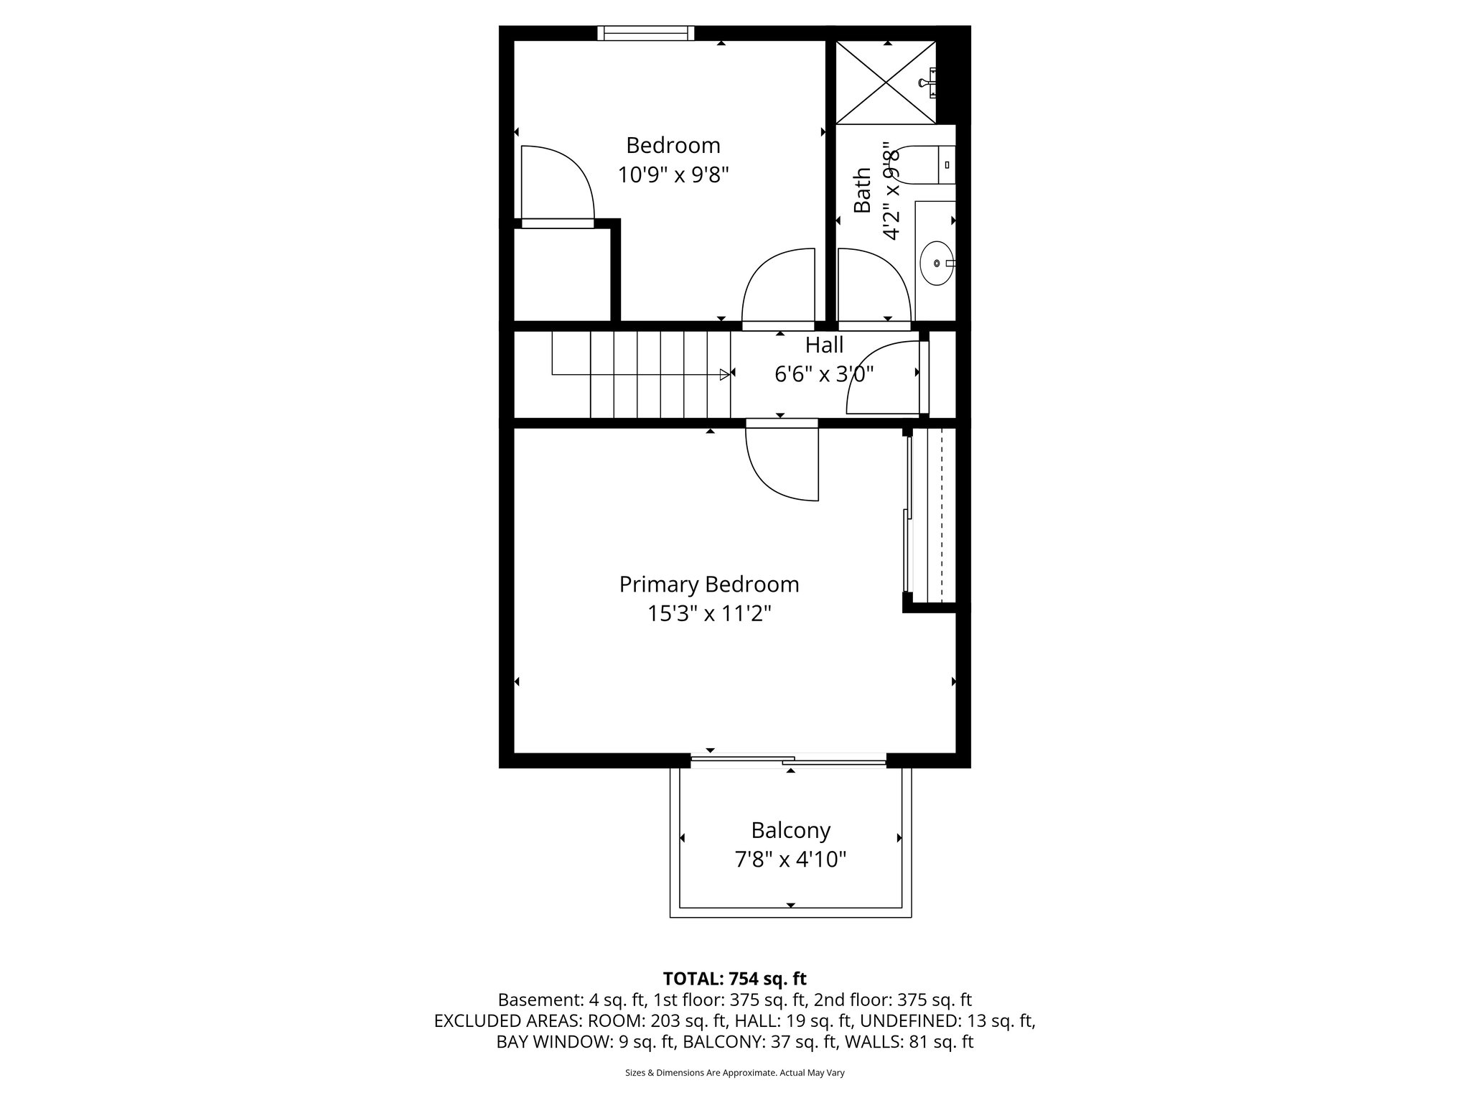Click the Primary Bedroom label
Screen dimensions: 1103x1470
709,585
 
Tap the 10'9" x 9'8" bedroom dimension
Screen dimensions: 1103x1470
673,174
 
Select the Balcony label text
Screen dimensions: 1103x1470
790,830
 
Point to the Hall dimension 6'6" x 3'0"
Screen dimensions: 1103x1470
823,374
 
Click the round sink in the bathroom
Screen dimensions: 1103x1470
937,263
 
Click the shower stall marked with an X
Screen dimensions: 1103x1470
886,83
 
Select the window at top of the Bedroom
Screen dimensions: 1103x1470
646,33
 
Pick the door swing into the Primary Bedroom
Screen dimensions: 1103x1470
779,463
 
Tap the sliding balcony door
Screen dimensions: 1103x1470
788,760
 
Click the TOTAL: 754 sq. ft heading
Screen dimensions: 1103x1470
734,979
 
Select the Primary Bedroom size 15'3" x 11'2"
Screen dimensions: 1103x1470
709,614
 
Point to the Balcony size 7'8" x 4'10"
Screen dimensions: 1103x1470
790,860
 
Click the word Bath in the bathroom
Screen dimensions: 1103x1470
862,190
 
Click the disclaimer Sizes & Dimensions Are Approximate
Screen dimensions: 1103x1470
734,1073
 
